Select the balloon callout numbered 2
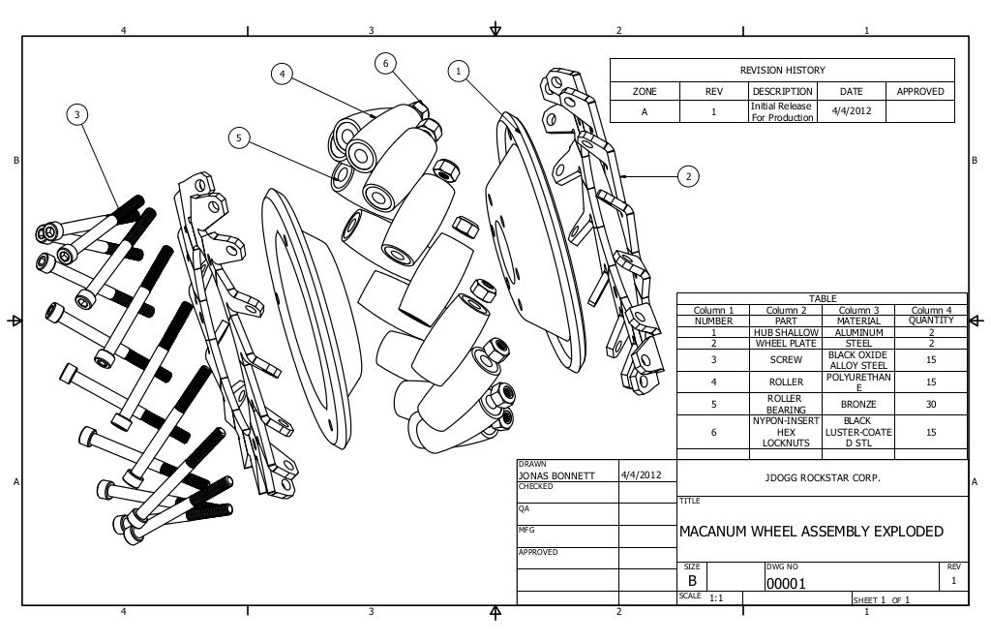[687, 176]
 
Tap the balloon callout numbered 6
[385, 63]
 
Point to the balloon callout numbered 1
[459, 70]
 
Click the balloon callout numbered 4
[282, 74]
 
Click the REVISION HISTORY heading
[782, 70]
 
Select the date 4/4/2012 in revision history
[852, 111]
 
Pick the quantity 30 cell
[931, 404]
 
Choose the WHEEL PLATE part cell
[786, 343]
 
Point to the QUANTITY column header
[931, 321]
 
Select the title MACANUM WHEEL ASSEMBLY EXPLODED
[811, 532]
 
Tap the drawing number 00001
[785, 584]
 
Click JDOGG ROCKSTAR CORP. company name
[823, 478]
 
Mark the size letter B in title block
[692, 581]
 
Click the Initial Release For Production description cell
[782, 111]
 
